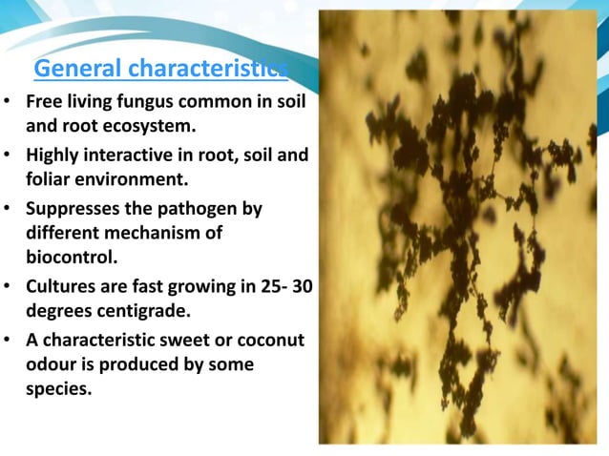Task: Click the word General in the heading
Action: (77, 69)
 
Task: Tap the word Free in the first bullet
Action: (44, 101)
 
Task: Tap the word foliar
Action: (52, 177)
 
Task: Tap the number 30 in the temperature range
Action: (303, 285)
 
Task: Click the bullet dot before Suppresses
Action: (9, 207)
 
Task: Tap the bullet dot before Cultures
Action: (9, 285)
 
